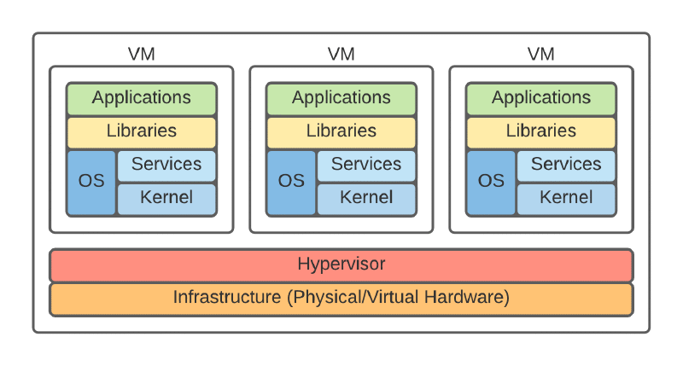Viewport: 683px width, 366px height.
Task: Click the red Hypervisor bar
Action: click(x=341, y=264)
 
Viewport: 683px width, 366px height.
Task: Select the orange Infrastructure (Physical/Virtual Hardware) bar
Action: click(x=341, y=299)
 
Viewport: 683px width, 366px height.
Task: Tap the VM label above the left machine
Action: click(x=142, y=55)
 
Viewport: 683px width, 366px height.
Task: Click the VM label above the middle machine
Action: click(x=341, y=55)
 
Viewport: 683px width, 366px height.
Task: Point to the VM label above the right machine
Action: click(x=541, y=55)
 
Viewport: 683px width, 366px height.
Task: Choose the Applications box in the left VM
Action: click(x=142, y=98)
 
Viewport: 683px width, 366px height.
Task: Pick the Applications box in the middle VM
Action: click(x=341, y=98)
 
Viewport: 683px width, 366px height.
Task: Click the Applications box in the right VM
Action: click(x=541, y=98)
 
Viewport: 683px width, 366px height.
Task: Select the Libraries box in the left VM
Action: click(x=142, y=131)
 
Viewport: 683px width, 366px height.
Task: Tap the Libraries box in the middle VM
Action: click(x=341, y=131)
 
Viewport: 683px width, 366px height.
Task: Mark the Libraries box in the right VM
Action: click(x=541, y=131)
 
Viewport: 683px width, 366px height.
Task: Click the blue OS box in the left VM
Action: click(x=91, y=182)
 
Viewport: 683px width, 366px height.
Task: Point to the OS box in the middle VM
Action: click(x=291, y=182)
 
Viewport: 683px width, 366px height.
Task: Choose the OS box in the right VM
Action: click(x=491, y=182)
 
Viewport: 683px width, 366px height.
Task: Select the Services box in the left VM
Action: click(x=166, y=165)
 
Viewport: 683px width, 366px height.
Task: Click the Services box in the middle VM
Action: click(x=366, y=165)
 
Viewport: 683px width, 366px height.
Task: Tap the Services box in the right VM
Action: click(x=566, y=165)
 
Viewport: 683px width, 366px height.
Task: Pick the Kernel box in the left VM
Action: click(x=166, y=198)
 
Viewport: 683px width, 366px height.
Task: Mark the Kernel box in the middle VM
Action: click(x=366, y=198)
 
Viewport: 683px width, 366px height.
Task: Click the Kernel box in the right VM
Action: click(x=566, y=198)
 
